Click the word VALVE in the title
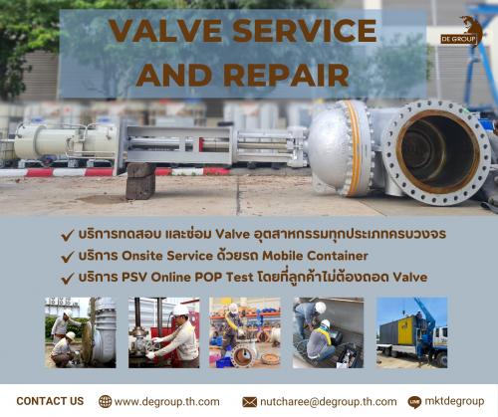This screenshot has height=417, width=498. [x=164, y=31]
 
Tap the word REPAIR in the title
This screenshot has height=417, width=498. [x=287, y=75]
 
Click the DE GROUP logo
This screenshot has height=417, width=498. [x=462, y=31]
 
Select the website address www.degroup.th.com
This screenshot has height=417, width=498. [x=166, y=402]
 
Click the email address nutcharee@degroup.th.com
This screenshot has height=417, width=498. [x=328, y=402]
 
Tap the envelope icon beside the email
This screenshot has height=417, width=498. [x=249, y=402]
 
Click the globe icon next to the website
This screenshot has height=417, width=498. [x=105, y=401]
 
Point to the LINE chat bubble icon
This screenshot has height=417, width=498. [x=414, y=402]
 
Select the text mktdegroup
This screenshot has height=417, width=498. [x=454, y=401]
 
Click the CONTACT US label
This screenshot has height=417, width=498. [x=50, y=401]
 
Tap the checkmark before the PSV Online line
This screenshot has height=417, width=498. [x=68, y=279]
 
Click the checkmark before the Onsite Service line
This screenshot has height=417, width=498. [x=68, y=257]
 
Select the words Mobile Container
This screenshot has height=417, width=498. [x=315, y=256]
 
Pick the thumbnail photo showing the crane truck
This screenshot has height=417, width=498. [x=411, y=332]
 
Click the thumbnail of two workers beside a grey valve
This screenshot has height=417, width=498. [x=81, y=332]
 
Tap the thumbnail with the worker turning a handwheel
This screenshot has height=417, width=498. [x=164, y=332]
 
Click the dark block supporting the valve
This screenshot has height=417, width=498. [x=140, y=181]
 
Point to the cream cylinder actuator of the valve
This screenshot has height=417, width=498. [x=66, y=142]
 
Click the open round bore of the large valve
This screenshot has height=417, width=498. [x=437, y=152]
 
